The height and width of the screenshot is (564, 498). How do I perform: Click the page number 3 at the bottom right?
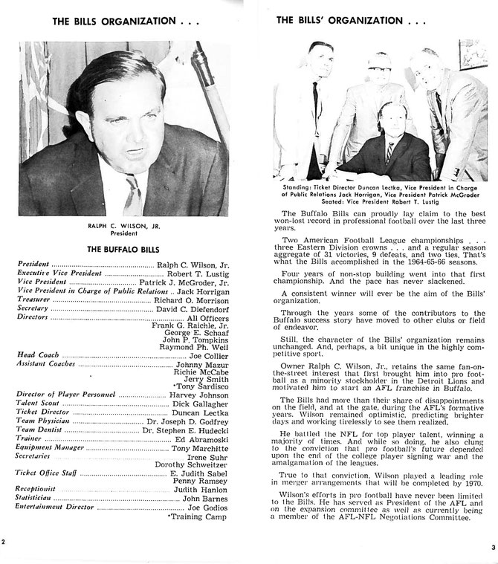[x=492, y=548]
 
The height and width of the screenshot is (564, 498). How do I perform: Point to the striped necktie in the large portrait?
[x=133, y=192]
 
